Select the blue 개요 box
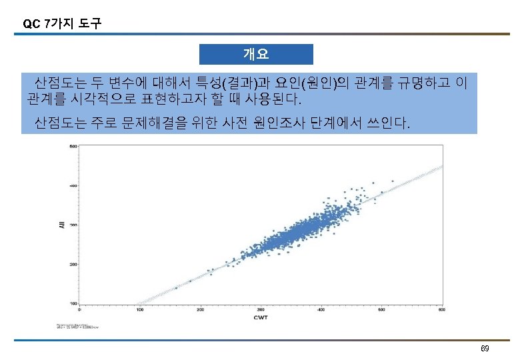coord(256,54)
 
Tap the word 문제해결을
coord(154,123)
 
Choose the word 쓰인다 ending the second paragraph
coord(386,123)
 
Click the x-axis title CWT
coord(261,318)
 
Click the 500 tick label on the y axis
coord(73,147)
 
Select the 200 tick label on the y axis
coord(73,265)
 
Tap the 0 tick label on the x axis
coord(80,309)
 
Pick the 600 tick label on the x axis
coord(442,309)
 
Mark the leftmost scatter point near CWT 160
coord(176,287)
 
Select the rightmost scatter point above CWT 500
coord(393,181)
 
